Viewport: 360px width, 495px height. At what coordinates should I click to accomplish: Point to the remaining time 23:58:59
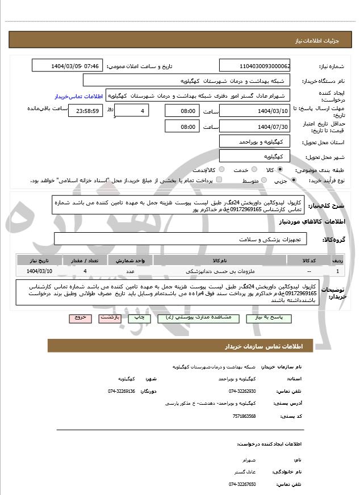(86, 110)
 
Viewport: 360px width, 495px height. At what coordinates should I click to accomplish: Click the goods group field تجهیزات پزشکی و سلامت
(181, 239)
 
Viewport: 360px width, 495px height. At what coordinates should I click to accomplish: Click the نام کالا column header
(220, 260)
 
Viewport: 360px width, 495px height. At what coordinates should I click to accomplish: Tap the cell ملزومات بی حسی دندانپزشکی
(220, 271)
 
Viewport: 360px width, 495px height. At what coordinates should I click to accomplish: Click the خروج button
(79, 318)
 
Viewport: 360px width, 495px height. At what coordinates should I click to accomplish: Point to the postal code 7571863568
(244, 416)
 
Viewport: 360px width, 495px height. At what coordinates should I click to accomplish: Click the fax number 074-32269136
(122, 391)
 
